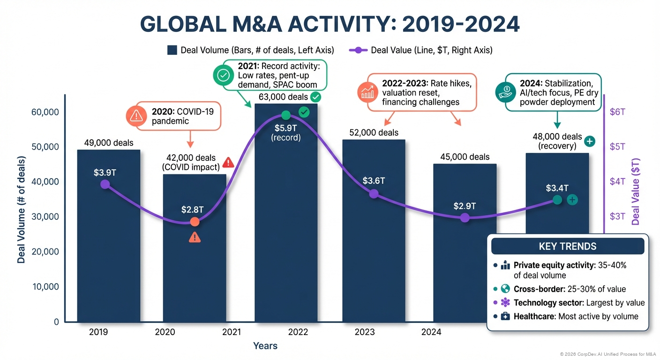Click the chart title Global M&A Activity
(x=330, y=24)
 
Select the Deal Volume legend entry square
(x=172, y=50)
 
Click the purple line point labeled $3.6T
(x=373, y=194)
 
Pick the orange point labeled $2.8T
(x=195, y=222)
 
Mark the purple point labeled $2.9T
(x=465, y=217)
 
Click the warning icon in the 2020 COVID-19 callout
(x=136, y=115)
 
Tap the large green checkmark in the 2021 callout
(x=223, y=75)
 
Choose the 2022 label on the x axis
(x=298, y=332)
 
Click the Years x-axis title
(x=265, y=346)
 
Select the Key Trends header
(x=568, y=246)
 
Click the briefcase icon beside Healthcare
(x=505, y=316)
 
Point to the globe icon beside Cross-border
(x=505, y=289)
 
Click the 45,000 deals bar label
(x=465, y=157)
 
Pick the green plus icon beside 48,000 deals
(x=590, y=141)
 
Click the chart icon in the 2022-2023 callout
(x=367, y=92)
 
